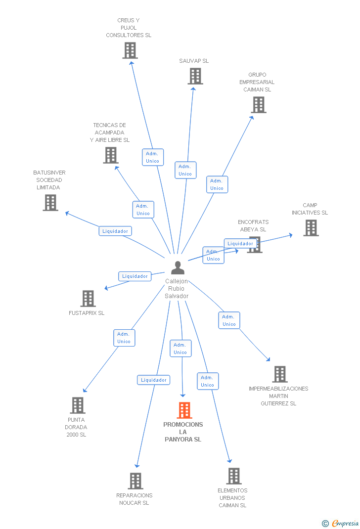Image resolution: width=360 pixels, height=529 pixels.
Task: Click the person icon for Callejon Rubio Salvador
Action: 178,267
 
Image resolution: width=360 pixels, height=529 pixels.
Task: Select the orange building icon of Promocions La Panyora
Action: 184,410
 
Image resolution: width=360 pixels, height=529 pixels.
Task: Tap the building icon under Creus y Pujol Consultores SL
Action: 130,50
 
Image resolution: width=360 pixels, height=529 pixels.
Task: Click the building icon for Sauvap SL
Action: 195,76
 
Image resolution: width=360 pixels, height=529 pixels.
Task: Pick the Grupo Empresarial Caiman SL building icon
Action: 258,105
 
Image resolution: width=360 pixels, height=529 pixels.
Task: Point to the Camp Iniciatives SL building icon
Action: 311,228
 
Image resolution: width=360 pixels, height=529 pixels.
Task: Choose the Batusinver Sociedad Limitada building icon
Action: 50,203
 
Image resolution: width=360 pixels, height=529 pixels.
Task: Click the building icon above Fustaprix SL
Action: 88,299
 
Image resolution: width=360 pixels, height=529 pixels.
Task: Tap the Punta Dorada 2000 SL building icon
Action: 78,405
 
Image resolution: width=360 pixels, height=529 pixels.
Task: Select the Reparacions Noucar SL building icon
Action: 135,481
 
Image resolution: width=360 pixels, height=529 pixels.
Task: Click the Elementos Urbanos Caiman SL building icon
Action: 233,476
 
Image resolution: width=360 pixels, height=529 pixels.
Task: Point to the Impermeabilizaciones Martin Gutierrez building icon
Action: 279,374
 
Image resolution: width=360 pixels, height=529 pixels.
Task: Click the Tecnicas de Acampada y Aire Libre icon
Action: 110,155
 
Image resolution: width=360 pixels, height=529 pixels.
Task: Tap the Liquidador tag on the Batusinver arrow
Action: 115,231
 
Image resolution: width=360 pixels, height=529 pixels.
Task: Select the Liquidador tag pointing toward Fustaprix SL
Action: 135,276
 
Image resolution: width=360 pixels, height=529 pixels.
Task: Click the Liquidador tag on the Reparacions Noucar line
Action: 154,380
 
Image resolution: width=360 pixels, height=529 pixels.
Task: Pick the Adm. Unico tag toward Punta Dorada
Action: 124,338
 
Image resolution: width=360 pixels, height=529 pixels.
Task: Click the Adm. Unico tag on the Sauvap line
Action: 185,170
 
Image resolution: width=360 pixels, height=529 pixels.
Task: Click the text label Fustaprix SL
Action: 87,313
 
